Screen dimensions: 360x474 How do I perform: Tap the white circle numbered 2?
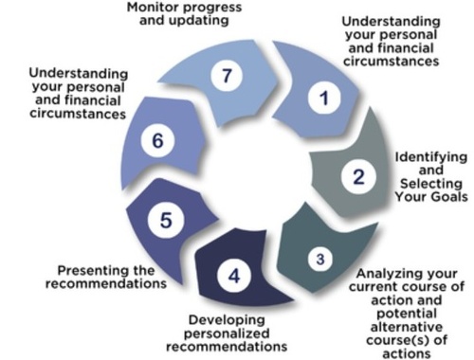[357, 176]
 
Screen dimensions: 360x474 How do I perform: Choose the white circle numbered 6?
[157, 141]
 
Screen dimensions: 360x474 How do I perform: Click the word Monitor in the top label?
[155, 8]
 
